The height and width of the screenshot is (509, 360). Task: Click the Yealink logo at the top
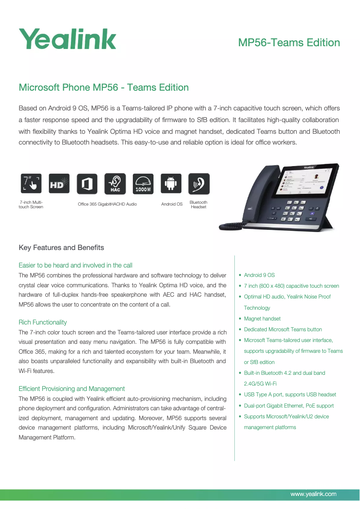point(67,39)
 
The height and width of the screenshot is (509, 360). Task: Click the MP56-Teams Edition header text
point(289,43)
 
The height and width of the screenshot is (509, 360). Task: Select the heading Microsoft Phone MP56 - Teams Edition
point(104,88)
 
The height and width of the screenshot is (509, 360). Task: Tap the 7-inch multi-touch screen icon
point(31,184)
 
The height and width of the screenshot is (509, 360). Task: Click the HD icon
point(59,184)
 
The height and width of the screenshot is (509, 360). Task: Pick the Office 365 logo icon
point(87,184)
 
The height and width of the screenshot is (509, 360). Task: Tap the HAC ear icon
point(115,184)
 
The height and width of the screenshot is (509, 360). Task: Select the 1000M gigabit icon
point(143,184)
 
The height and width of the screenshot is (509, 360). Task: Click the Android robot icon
point(171,184)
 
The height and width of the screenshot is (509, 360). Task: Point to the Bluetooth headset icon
point(198,184)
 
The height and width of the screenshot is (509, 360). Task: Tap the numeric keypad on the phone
point(294,211)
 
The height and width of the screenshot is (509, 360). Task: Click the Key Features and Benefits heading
point(61,248)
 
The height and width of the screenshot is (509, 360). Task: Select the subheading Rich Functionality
point(43,322)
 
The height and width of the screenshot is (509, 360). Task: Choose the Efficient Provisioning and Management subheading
point(72,389)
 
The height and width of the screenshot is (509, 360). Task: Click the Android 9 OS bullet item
point(259,275)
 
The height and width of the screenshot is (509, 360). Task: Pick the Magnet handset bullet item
point(262,319)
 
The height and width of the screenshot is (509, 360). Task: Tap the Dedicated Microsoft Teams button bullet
point(283,329)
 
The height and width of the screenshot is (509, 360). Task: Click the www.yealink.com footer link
point(313,494)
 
